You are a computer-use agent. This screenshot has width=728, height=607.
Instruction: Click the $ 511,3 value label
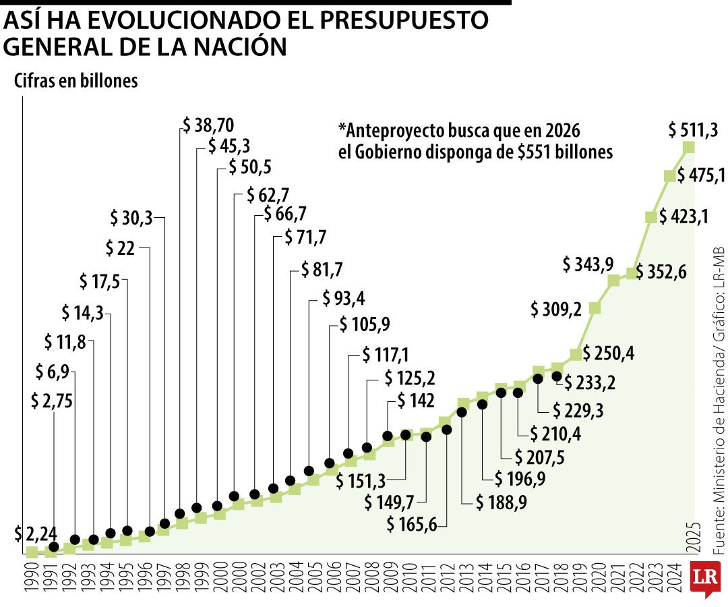pyautogui.click(x=694, y=128)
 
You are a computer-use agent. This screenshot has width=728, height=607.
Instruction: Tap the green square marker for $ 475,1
pyautogui.click(x=670, y=176)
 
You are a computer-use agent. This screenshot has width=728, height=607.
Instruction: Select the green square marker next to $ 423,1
pyautogui.click(x=651, y=217)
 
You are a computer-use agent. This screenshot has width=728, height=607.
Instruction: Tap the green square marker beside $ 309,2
pyautogui.click(x=595, y=308)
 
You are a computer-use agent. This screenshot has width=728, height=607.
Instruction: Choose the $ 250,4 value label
pyautogui.click(x=609, y=353)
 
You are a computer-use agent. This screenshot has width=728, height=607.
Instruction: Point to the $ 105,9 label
pyautogui.click(x=365, y=324)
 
